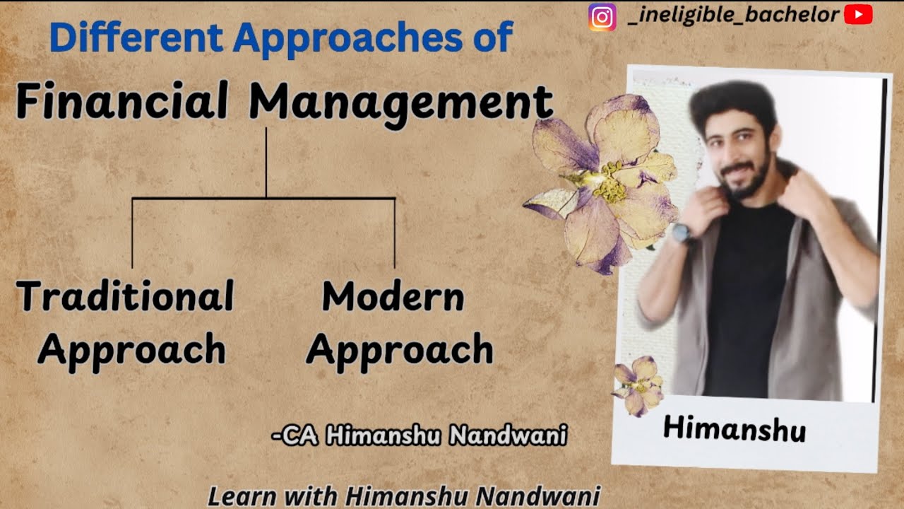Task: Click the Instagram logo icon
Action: (x=602, y=17)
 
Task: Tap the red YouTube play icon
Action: (x=858, y=15)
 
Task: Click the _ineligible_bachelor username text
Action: (x=732, y=15)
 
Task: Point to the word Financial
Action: (x=122, y=100)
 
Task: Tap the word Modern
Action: (x=393, y=296)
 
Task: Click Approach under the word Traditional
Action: (x=131, y=350)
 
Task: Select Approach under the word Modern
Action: (x=400, y=350)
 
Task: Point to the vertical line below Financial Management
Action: (x=266, y=163)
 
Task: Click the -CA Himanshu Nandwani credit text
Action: (x=420, y=436)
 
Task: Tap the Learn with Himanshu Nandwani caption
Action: (x=403, y=496)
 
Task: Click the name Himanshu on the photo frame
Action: (x=734, y=429)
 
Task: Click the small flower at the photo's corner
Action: (x=638, y=385)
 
